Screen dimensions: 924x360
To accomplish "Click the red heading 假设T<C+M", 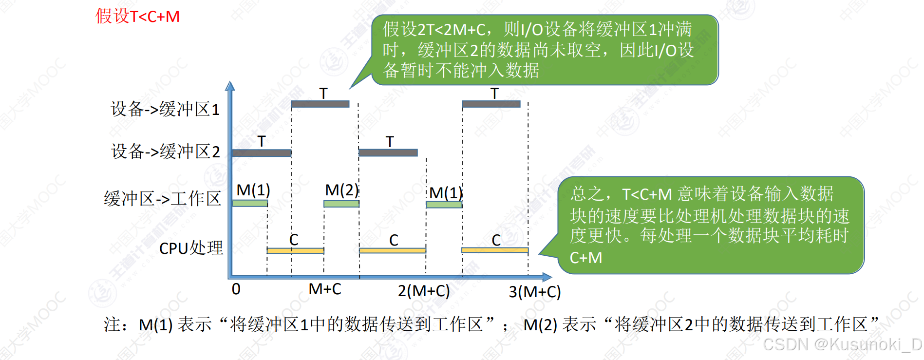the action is [137, 17].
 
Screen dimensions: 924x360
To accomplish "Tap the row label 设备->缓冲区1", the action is [165, 109].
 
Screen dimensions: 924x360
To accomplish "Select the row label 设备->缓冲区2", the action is [166, 152].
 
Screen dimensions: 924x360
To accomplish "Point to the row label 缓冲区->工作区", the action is [162, 199].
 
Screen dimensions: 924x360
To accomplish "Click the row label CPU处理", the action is [191, 248].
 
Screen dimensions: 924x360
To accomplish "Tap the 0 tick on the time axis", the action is [236, 289].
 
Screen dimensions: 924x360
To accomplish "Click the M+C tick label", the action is [325, 289].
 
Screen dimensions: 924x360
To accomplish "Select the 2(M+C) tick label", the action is [424, 291].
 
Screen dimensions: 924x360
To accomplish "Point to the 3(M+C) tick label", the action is [535, 292].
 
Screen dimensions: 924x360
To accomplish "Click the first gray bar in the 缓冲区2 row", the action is [262, 153].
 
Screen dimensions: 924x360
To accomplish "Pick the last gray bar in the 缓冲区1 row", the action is [491, 104].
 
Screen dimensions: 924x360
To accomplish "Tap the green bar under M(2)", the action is [341, 204].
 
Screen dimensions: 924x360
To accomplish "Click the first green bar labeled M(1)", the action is [250, 203].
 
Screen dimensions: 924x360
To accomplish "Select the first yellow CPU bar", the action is [295, 250].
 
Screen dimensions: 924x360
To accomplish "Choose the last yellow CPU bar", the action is [495, 250].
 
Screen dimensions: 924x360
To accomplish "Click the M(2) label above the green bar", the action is [341, 189].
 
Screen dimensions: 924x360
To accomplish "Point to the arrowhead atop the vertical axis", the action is [230, 86].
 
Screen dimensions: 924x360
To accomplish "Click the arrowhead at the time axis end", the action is [547, 277].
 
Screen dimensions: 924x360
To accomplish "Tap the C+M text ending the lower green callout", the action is [586, 257].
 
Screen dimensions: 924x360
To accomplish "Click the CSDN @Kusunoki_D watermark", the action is [842, 344].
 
